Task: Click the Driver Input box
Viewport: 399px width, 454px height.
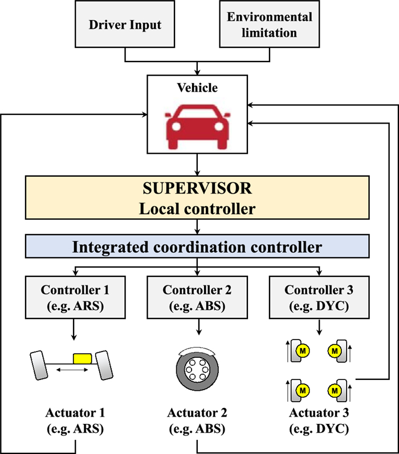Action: pyautogui.click(x=125, y=25)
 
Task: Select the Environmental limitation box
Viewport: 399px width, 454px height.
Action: pyautogui.click(x=270, y=25)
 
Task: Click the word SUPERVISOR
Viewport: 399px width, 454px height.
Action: pyautogui.click(x=197, y=188)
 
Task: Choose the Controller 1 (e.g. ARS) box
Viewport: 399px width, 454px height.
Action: pyautogui.click(x=75, y=297)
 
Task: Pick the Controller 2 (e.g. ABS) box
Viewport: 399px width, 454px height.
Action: pyautogui.click(x=197, y=297)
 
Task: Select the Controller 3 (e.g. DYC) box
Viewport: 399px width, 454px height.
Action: pyautogui.click(x=319, y=297)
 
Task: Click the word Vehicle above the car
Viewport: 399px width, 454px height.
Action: pyautogui.click(x=197, y=88)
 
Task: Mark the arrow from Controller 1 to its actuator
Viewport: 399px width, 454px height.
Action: pyautogui.click(x=75, y=329)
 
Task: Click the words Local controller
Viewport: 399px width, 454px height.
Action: pyautogui.click(x=197, y=209)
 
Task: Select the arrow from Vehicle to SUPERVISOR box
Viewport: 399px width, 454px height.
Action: pyautogui.click(x=197, y=165)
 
